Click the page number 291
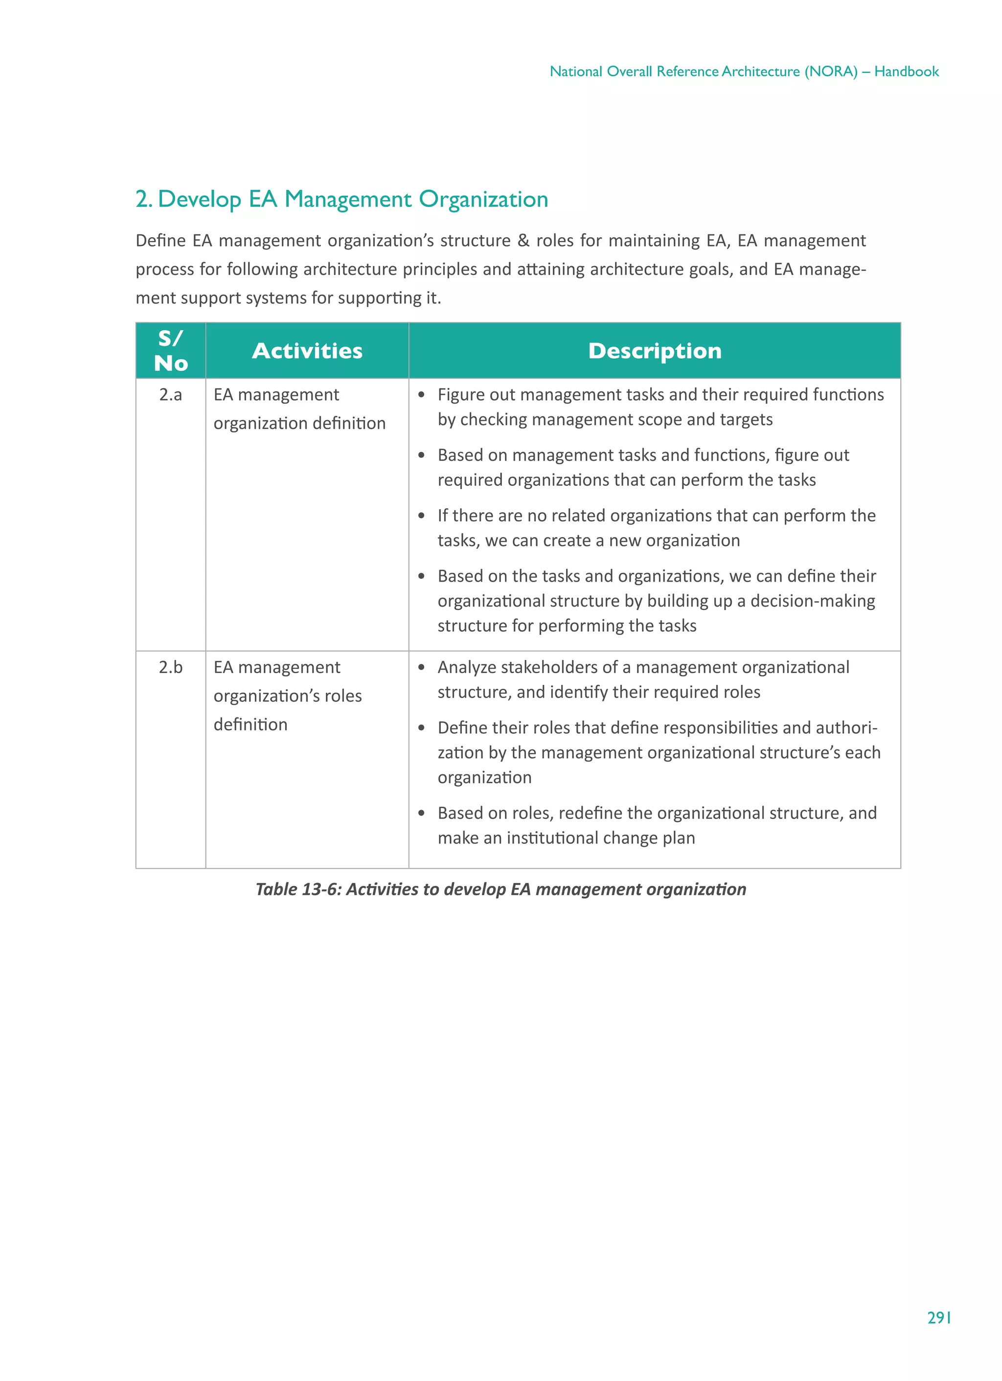pos(939,1318)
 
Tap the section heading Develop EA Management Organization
pos(353,199)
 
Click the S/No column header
pos(171,351)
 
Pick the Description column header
pos(654,351)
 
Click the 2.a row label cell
pos(171,395)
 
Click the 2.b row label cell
pos(171,667)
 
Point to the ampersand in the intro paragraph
pos(523,241)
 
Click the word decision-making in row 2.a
pos(812,601)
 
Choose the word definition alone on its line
pos(250,724)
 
